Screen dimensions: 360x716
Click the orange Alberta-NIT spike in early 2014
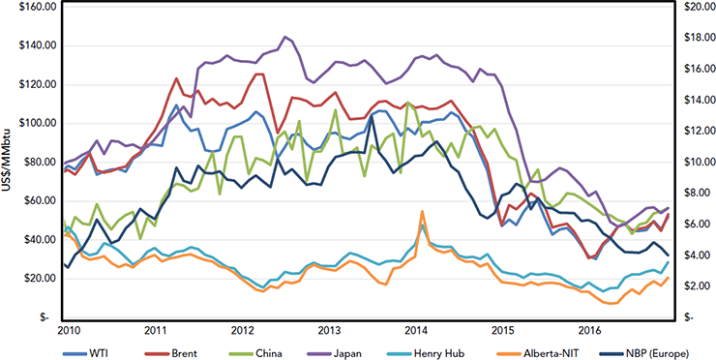click(422, 211)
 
